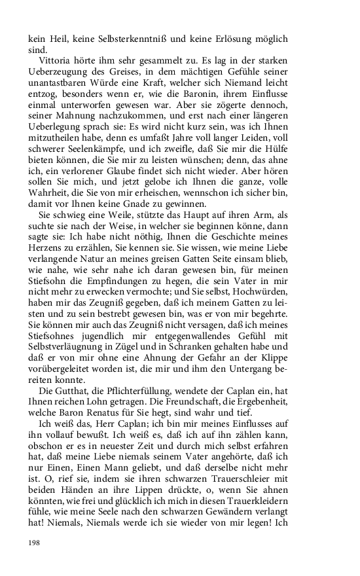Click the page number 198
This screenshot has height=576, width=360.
pos(34,543)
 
